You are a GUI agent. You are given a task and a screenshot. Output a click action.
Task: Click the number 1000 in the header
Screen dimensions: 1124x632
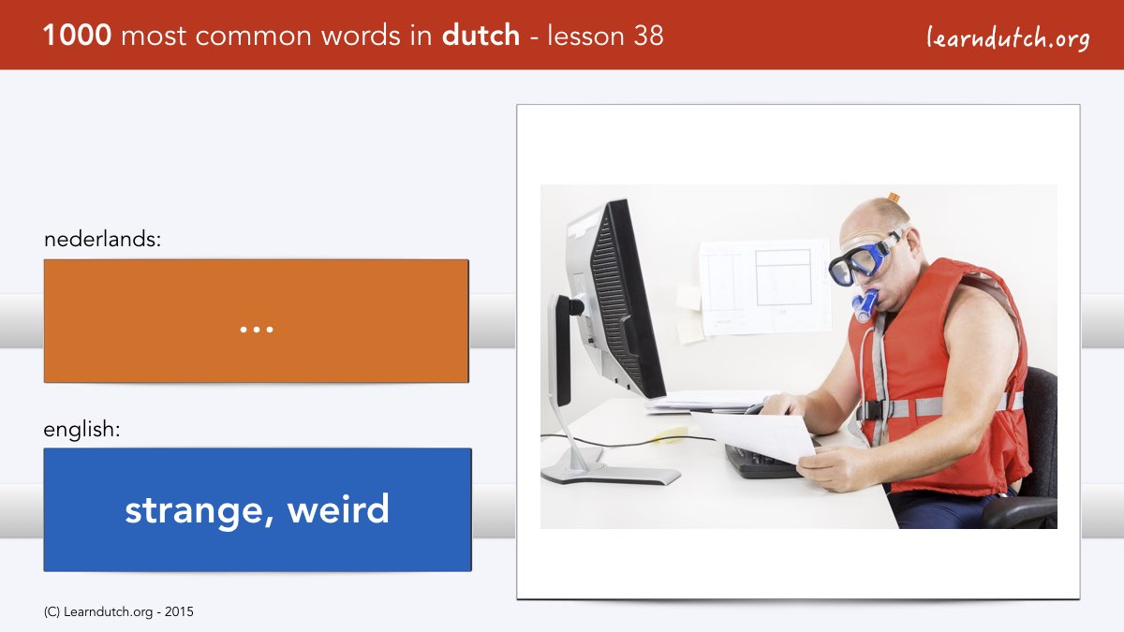[77, 36]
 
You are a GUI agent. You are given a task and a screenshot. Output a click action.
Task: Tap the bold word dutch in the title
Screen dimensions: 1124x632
[481, 36]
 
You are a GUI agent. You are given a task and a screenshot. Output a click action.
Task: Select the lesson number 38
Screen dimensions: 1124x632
[648, 36]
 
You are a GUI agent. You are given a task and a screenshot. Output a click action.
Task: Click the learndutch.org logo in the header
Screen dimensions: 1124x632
[1008, 38]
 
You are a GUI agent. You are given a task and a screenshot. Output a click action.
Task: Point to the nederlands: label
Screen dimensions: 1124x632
[102, 239]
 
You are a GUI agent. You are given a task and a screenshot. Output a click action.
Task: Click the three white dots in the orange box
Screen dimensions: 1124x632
[257, 330]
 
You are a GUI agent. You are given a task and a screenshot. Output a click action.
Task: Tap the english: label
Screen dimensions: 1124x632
[81, 430]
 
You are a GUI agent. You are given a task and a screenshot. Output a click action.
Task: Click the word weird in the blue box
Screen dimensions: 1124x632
[338, 508]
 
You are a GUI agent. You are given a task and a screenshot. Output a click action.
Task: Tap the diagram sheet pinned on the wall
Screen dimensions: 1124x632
[764, 287]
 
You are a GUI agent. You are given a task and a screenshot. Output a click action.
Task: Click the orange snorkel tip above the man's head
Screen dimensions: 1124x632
[894, 198]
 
